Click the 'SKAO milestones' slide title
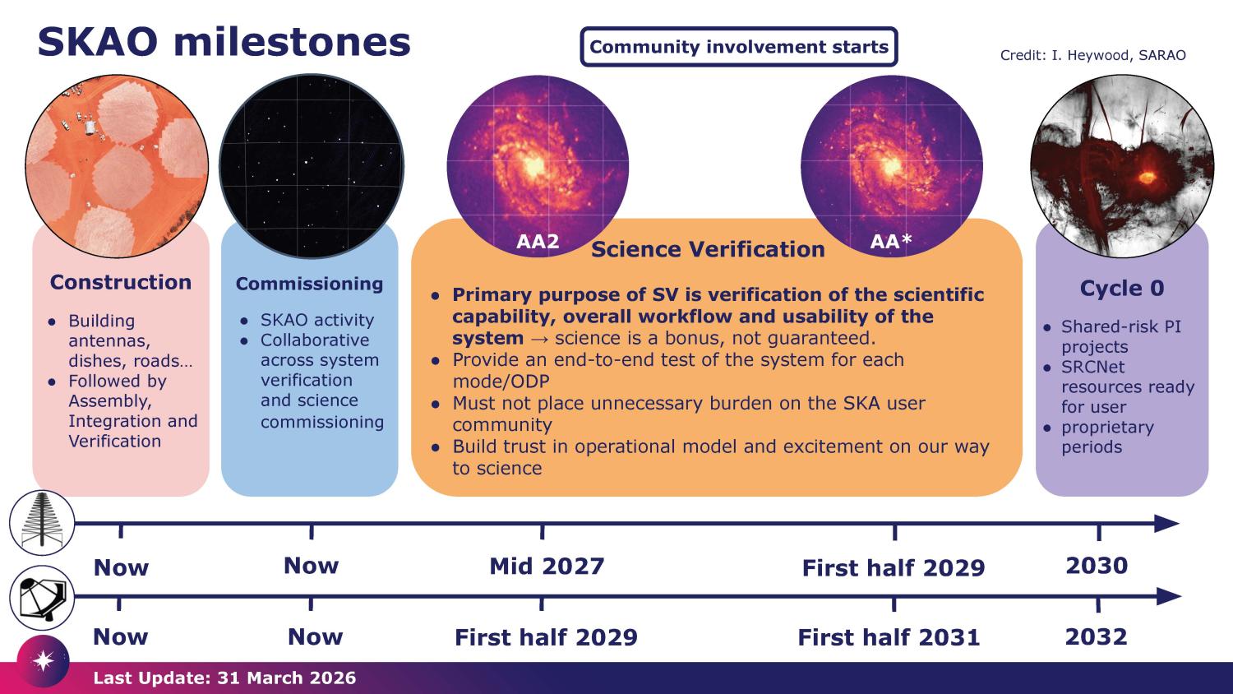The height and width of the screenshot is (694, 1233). pos(224,42)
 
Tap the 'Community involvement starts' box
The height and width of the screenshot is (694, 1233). pos(738,47)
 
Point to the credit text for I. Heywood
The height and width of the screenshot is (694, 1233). pos(1092,55)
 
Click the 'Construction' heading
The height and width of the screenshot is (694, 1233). pos(120,282)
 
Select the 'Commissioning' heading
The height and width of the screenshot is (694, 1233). pos(309,284)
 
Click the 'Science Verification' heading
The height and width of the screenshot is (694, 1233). pos(708,249)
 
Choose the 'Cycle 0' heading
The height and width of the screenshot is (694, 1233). pos(1121,288)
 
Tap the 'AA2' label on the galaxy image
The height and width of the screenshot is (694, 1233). pos(538,242)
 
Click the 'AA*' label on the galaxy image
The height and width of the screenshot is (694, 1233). pos(891,241)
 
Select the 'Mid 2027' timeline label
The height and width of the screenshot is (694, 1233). pos(547,566)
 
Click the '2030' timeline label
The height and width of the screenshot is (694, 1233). pos(1097,566)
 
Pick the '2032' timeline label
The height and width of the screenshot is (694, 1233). pos(1096,636)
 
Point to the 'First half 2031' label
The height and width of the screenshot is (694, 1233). pos(889,637)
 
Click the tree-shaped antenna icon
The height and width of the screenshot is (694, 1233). pos(41,522)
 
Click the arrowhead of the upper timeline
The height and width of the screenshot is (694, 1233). pos(1166,523)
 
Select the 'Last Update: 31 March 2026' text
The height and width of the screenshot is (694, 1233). pos(224,678)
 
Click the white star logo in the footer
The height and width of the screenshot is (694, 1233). pos(43,661)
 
